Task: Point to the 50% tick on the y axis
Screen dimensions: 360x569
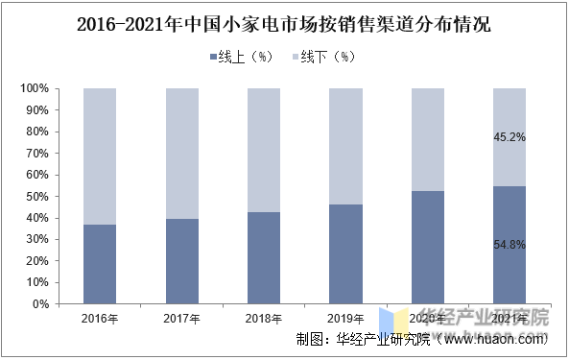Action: [37, 197]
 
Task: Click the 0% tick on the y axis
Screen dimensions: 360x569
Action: [40, 304]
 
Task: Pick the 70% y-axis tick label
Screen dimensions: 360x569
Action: [37, 154]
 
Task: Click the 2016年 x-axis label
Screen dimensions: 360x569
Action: [101, 318]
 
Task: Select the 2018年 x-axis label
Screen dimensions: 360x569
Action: [264, 318]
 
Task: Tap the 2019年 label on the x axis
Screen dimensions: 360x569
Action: [345, 318]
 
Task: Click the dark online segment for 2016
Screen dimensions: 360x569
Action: [101, 264]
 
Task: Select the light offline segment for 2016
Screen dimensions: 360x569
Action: [101, 156]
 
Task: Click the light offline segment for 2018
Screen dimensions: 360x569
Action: [264, 150]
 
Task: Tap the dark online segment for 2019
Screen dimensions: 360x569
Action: [345, 254]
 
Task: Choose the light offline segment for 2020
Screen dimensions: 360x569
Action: [427, 139]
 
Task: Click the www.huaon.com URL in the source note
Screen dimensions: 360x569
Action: [495, 339]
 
